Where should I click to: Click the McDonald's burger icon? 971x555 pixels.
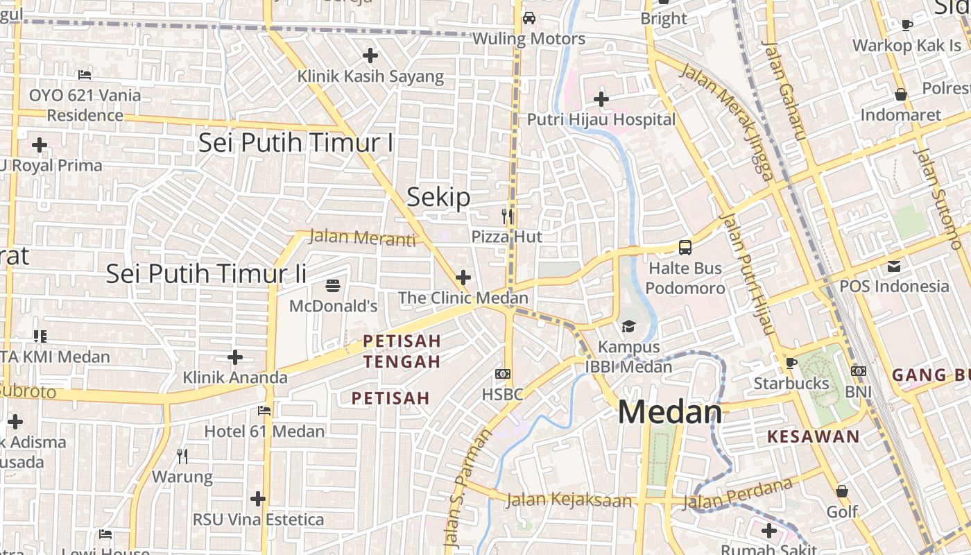click(333, 285)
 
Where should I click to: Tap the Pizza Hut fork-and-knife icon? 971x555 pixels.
click(507, 216)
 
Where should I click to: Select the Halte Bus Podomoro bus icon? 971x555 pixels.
click(685, 248)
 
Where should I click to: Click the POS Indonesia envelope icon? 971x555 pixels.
click(893, 266)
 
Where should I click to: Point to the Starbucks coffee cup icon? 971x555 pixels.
click(791, 363)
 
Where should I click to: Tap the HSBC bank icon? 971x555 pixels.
click(503, 374)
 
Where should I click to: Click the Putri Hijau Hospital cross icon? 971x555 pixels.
click(601, 99)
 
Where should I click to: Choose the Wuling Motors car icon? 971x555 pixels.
click(529, 18)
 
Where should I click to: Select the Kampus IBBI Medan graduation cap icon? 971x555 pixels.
click(628, 326)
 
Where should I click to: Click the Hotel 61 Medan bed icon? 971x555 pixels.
click(264, 411)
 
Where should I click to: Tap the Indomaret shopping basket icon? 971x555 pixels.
click(901, 94)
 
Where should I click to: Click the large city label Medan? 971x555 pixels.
click(670, 413)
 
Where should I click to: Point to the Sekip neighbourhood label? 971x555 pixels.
click(438, 198)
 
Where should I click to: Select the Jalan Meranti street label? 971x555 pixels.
click(361, 237)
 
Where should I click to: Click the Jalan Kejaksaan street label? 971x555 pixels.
click(569, 500)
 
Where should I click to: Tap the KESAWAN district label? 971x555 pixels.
click(814, 437)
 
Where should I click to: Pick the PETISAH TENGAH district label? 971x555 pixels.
click(402, 351)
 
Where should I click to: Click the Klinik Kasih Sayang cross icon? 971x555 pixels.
click(370, 55)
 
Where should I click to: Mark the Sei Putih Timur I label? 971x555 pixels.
click(295, 143)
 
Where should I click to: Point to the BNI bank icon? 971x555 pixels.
click(859, 371)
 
